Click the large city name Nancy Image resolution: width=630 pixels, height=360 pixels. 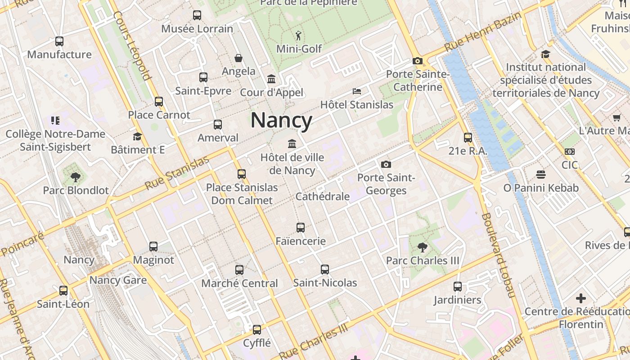pyautogui.click(x=281, y=121)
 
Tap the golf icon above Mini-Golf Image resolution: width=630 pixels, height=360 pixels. pyautogui.click(x=298, y=35)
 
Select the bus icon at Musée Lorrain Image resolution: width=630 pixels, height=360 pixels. pyautogui.click(x=197, y=15)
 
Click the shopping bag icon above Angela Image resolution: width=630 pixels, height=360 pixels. pyautogui.click(x=238, y=58)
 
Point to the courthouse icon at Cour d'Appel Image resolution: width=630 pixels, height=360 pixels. pyautogui.click(x=271, y=79)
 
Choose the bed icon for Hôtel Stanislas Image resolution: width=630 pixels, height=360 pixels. pyautogui.click(x=357, y=91)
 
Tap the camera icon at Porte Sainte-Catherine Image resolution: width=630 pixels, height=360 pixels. pyautogui.click(x=417, y=61)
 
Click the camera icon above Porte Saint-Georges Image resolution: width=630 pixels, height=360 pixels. pyautogui.click(x=386, y=165)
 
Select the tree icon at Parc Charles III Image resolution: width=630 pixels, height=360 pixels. pyautogui.click(x=422, y=247)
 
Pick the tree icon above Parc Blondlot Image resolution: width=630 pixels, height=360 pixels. pyautogui.click(x=76, y=177)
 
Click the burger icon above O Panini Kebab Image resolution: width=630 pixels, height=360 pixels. pyautogui.click(x=541, y=175)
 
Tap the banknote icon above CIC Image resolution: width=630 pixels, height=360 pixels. pyautogui.click(x=570, y=152)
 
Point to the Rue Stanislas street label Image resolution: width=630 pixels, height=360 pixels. pyautogui.click(x=177, y=173)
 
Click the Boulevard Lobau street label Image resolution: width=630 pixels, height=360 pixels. pyautogui.click(x=498, y=255)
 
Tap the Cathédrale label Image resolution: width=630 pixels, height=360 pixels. pyautogui.click(x=322, y=197)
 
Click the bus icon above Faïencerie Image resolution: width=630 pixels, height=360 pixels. pyautogui.click(x=301, y=228)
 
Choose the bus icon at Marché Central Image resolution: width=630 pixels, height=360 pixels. pyautogui.click(x=239, y=270)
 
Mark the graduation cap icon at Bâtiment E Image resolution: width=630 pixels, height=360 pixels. pyautogui.click(x=137, y=136)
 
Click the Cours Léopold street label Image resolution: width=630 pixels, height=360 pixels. pyautogui.click(x=132, y=45)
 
